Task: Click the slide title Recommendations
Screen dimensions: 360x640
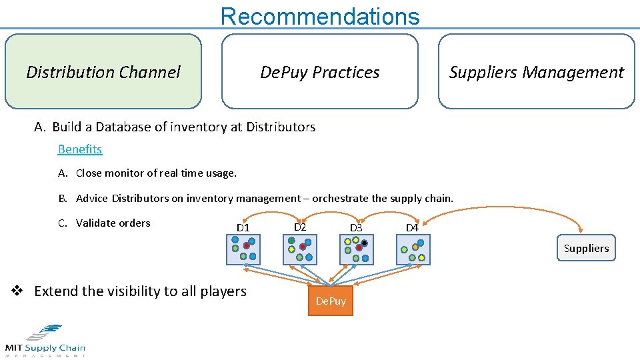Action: [x=320, y=15]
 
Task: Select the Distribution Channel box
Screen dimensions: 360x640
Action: [x=103, y=72]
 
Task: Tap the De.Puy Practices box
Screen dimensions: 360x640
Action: [x=319, y=72]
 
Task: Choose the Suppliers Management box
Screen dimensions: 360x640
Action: [x=536, y=72]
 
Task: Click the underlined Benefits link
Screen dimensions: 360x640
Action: [x=80, y=149]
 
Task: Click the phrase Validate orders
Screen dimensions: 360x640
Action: [x=113, y=223]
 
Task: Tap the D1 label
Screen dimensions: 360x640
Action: [x=243, y=228]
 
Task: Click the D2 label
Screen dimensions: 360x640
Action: [x=300, y=227]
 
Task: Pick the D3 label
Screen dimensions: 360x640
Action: [x=356, y=228]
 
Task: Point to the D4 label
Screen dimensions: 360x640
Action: [x=412, y=228]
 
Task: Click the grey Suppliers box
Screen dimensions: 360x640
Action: [x=586, y=248]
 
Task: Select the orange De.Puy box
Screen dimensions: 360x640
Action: [x=331, y=301]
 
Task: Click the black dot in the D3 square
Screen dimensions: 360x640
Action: [x=365, y=243]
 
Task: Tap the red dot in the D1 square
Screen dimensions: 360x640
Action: [x=246, y=246]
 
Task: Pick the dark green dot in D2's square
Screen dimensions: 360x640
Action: [x=291, y=241]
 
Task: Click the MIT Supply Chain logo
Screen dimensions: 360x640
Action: [x=45, y=341]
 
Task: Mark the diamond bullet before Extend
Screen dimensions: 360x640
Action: [x=19, y=291]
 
